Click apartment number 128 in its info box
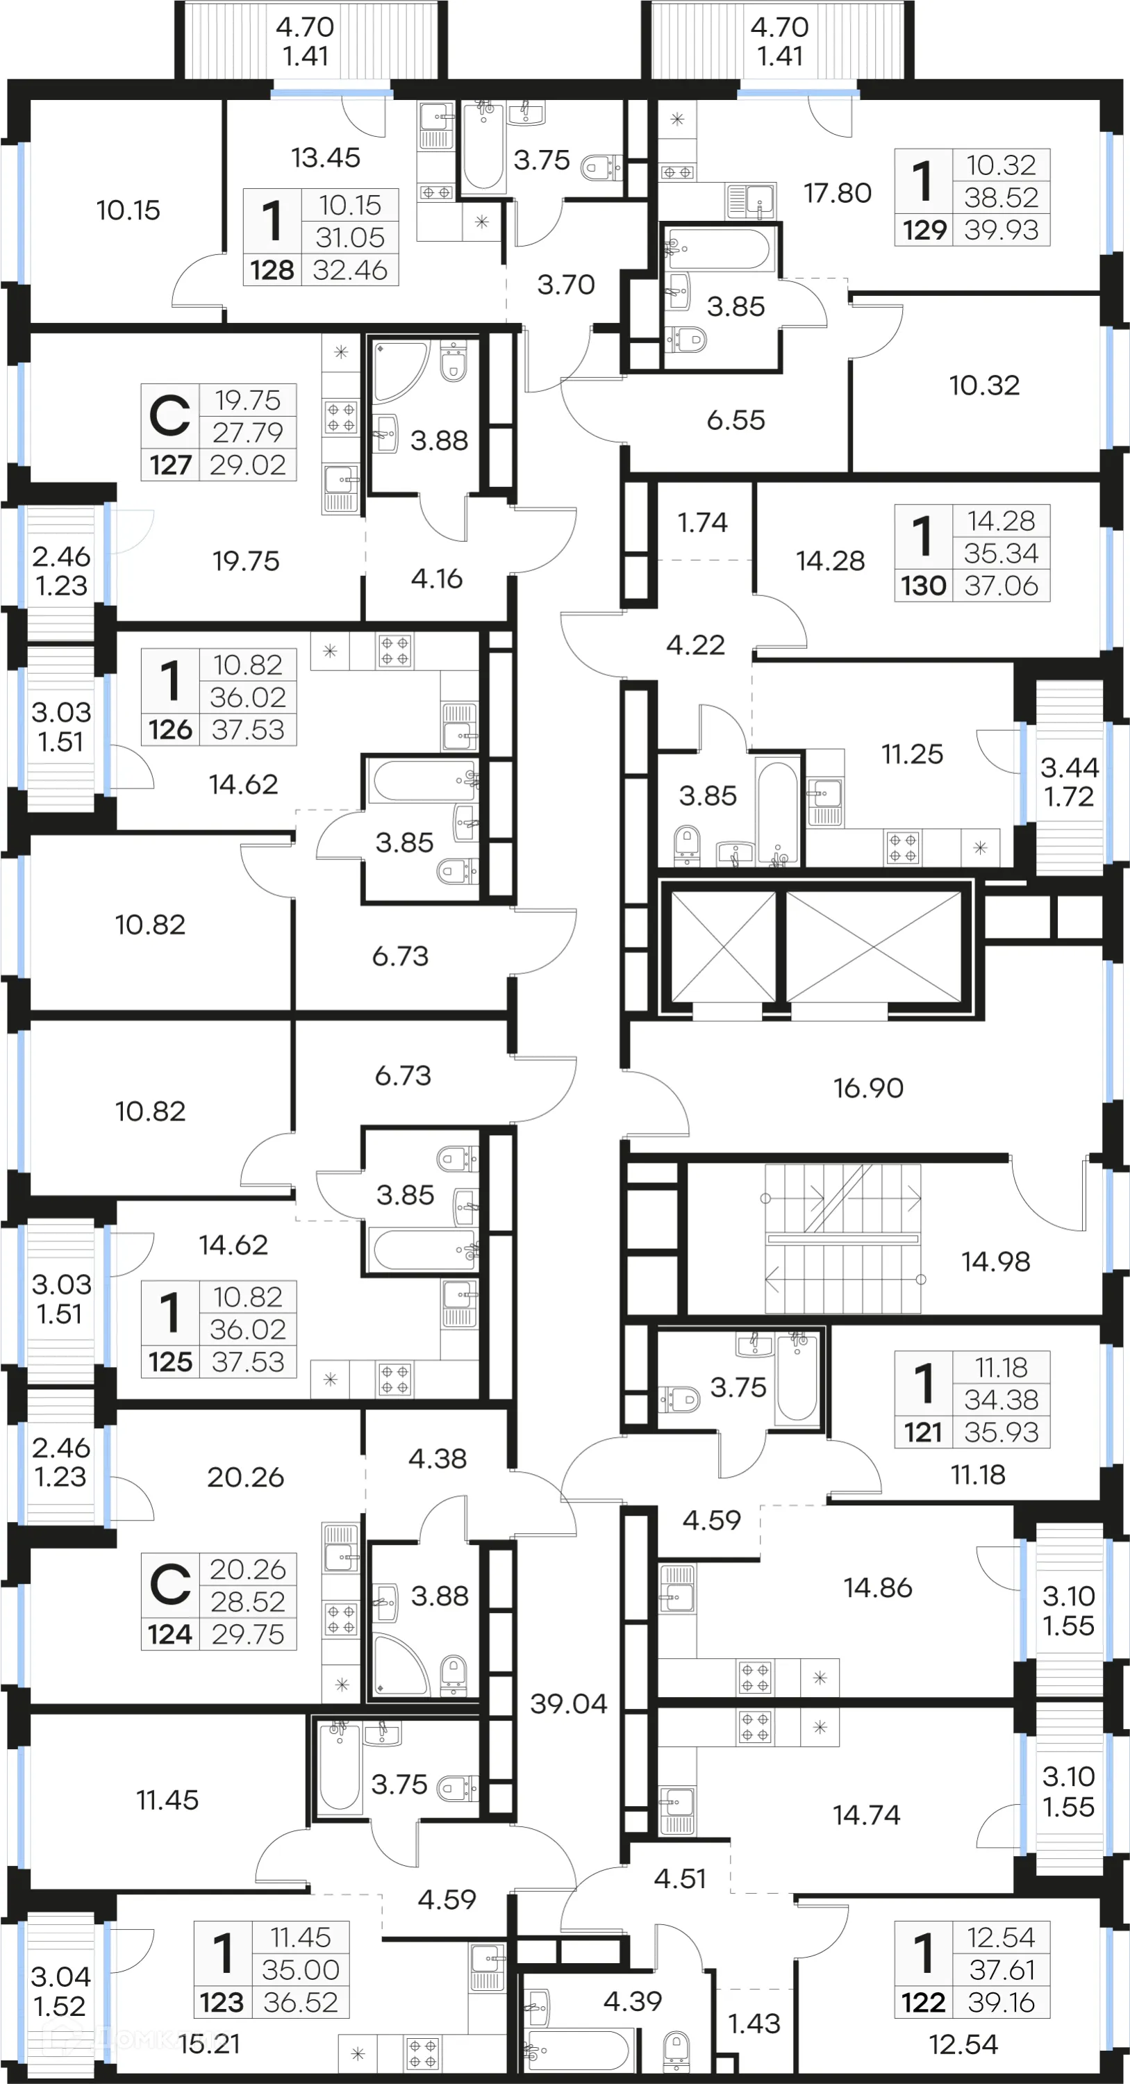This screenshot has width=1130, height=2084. [272, 270]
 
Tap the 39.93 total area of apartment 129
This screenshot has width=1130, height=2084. [1001, 230]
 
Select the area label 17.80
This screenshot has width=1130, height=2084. [837, 193]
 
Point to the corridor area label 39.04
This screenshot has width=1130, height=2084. [569, 1704]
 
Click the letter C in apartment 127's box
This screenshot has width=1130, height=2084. [170, 416]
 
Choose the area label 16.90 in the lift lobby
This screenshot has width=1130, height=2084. [868, 1088]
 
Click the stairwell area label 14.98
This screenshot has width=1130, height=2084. [995, 1262]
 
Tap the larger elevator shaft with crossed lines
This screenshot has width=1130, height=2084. [874, 945]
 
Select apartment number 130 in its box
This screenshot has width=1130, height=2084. [923, 586]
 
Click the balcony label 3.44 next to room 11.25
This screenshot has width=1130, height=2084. [1068, 767]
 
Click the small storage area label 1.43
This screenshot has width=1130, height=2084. [754, 2024]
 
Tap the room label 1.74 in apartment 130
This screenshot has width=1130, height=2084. [702, 522]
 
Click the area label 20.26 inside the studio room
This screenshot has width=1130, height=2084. [245, 1478]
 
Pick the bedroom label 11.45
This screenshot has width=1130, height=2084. [167, 1800]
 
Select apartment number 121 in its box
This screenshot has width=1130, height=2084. [923, 1432]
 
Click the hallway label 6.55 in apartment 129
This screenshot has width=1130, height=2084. [736, 420]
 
